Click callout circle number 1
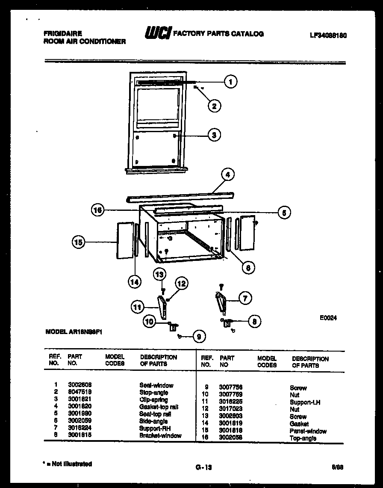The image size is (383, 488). coord(231,81)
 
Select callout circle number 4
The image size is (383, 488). coord(228,175)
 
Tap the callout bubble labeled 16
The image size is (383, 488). coord(98,210)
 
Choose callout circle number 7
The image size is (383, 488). coord(245,299)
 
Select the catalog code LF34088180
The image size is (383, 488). coord(328,35)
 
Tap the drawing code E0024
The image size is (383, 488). coord(328,318)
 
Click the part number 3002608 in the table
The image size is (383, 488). coord(80,385)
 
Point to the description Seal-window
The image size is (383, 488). coord(156,385)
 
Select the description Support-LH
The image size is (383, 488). coord(305,402)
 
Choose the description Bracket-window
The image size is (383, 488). coord(160,435)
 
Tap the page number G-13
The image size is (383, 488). coord(201,468)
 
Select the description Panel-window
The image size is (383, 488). coord(308,431)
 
